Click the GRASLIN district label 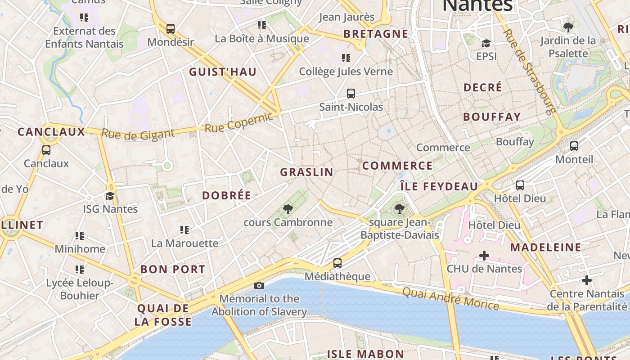(307, 172)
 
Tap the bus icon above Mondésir (171, 29)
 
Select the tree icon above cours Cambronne (288, 209)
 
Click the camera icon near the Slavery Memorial (259, 285)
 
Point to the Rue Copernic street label (239, 122)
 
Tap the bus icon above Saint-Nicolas (351, 94)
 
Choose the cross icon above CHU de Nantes (484, 256)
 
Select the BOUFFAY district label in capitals (492, 117)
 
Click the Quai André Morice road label (450, 298)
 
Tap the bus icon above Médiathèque (337, 263)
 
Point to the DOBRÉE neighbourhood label (226, 195)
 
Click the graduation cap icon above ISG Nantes (110, 196)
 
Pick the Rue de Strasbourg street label (529, 71)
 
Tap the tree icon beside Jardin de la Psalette (568, 27)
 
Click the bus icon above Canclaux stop (46, 150)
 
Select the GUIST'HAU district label (223, 72)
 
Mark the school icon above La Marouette (184, 230)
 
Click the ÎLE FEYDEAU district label (439, 186)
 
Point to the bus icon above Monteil (574, 146)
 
